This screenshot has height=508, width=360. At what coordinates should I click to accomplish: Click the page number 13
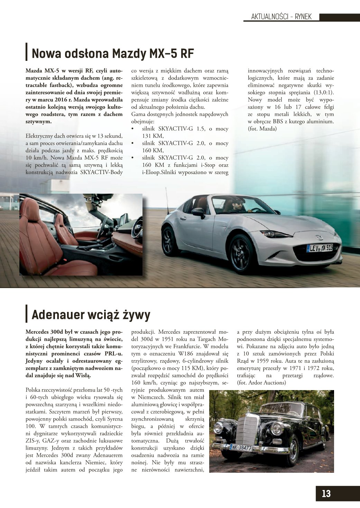(x=326, y=493)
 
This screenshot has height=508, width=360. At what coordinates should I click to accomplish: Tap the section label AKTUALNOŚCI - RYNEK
(x=281, y=17)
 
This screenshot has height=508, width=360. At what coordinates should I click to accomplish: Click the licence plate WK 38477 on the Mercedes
(x=241, y=447)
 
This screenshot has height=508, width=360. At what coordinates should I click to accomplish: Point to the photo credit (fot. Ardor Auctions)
(x=261, y=382)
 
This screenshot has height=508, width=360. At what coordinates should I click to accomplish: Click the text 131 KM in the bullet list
(x=153, y=136)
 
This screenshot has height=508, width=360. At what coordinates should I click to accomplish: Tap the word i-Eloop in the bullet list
(x=151, y=172)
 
